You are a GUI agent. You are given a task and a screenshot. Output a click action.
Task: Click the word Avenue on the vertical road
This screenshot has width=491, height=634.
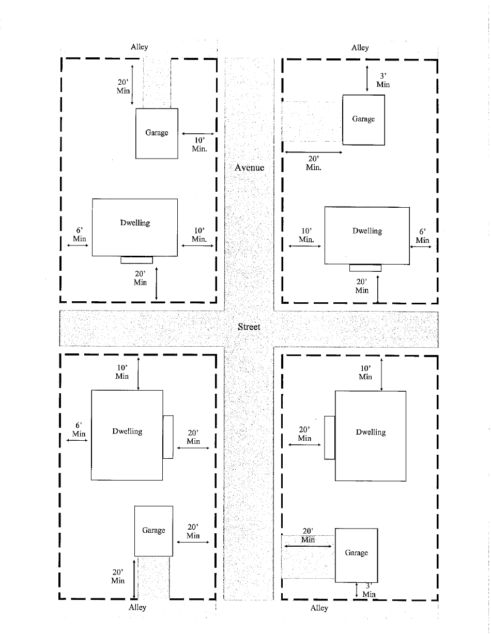pos(249,167)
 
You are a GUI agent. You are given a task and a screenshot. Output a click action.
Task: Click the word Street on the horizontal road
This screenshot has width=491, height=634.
pos(249,327)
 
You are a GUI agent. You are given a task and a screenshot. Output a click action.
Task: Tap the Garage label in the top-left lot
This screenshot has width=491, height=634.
pos(157,133)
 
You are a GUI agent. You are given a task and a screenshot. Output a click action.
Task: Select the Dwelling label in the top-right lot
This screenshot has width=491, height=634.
pos(367,231)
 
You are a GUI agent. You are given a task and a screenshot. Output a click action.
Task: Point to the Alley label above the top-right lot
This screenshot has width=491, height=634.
pos(360,48)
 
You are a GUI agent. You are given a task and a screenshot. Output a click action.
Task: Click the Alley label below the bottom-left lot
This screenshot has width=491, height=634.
pos(137,608)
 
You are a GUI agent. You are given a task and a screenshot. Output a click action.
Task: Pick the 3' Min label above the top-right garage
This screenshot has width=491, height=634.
pos(383,80)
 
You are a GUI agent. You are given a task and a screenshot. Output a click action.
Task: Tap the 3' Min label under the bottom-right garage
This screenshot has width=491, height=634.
pos(369,591)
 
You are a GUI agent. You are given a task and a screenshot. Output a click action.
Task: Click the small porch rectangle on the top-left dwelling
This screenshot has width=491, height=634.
pos(136,260)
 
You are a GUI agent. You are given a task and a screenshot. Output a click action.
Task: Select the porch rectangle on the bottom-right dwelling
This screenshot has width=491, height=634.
pos(330,437)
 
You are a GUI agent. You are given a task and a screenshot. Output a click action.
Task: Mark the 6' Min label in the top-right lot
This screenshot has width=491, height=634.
pos(422,236)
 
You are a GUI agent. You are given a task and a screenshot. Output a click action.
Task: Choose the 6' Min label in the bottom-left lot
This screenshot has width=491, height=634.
pos(79,429)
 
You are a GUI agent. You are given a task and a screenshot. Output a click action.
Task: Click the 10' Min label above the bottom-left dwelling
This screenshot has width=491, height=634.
pos(122,372)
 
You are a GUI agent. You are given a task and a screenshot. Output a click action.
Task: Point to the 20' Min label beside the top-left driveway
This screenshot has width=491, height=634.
pos(123,86)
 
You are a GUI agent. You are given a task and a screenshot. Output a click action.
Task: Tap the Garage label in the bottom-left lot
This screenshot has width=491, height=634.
pos(154,531)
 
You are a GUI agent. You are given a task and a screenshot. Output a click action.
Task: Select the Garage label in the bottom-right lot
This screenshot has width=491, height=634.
pos(356,553)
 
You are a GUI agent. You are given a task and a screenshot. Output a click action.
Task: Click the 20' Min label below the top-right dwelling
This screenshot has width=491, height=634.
pos(362,286)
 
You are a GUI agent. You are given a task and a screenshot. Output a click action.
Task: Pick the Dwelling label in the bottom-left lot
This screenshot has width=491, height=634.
pos(127,431)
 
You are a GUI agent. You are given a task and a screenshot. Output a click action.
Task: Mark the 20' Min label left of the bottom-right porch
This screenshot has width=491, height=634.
pos(304,434)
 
